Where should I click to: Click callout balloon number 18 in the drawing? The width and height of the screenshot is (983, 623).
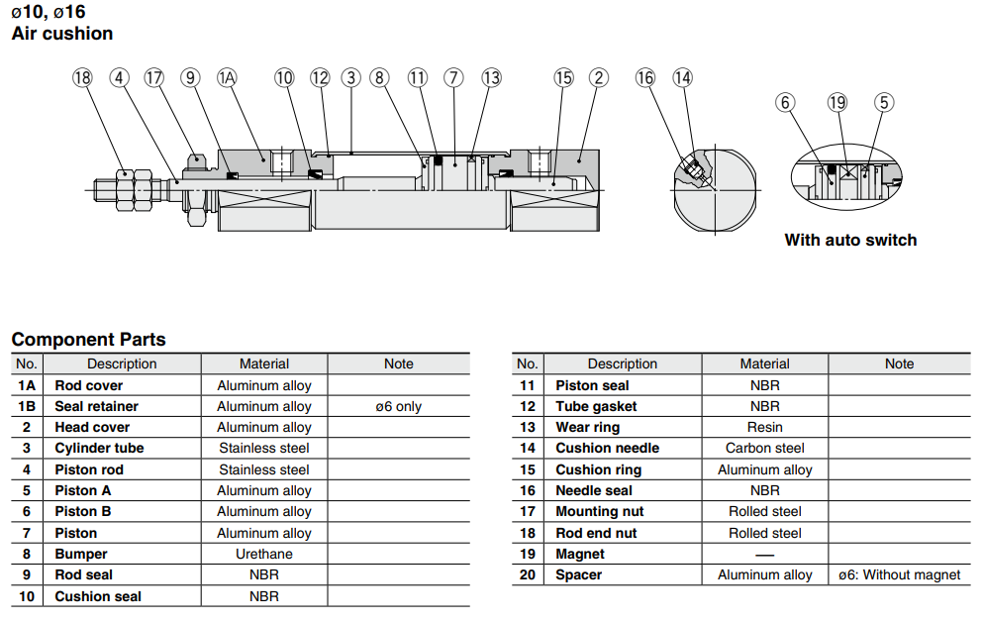(82, 77)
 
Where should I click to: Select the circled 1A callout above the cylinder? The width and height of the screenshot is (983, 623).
(228, 77)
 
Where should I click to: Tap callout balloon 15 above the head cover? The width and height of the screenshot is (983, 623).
(563, 77)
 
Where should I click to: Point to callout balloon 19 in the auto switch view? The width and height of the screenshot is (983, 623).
(837, 102)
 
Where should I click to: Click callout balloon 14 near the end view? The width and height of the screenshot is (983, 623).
(682, 77)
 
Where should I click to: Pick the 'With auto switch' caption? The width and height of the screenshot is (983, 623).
(850, 240)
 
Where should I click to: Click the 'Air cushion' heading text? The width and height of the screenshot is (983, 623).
(62, 34)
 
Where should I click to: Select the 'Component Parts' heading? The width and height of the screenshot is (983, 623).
(89, 340)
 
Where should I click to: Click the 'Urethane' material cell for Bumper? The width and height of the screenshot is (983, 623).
(263, 554)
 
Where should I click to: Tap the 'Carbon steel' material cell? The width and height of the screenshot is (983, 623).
(764, 449)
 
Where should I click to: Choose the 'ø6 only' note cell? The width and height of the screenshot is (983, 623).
(398, 406)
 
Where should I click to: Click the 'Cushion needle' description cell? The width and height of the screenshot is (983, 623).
(607, 449)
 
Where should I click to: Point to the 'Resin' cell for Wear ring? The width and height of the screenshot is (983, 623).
(764, 427)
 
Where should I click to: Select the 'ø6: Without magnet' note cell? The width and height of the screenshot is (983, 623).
(899, 575)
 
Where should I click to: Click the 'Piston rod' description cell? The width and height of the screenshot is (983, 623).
(89, 469)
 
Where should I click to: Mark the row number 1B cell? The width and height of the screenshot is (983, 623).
(27, 406)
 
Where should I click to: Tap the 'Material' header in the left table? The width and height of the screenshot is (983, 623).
(263, 363)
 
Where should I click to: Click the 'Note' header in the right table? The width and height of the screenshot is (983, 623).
(899, 363)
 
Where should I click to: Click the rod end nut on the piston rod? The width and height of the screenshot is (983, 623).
(126, 188)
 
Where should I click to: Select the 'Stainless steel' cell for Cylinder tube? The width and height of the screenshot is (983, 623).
(263, 449)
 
